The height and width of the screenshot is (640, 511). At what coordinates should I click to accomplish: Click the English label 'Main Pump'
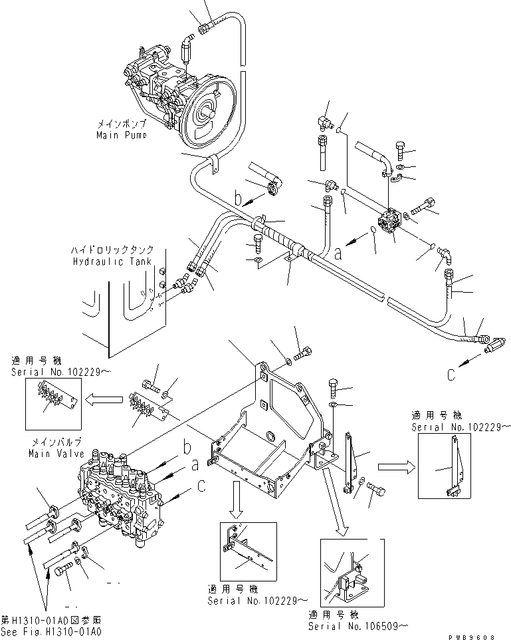coord(120,134)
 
